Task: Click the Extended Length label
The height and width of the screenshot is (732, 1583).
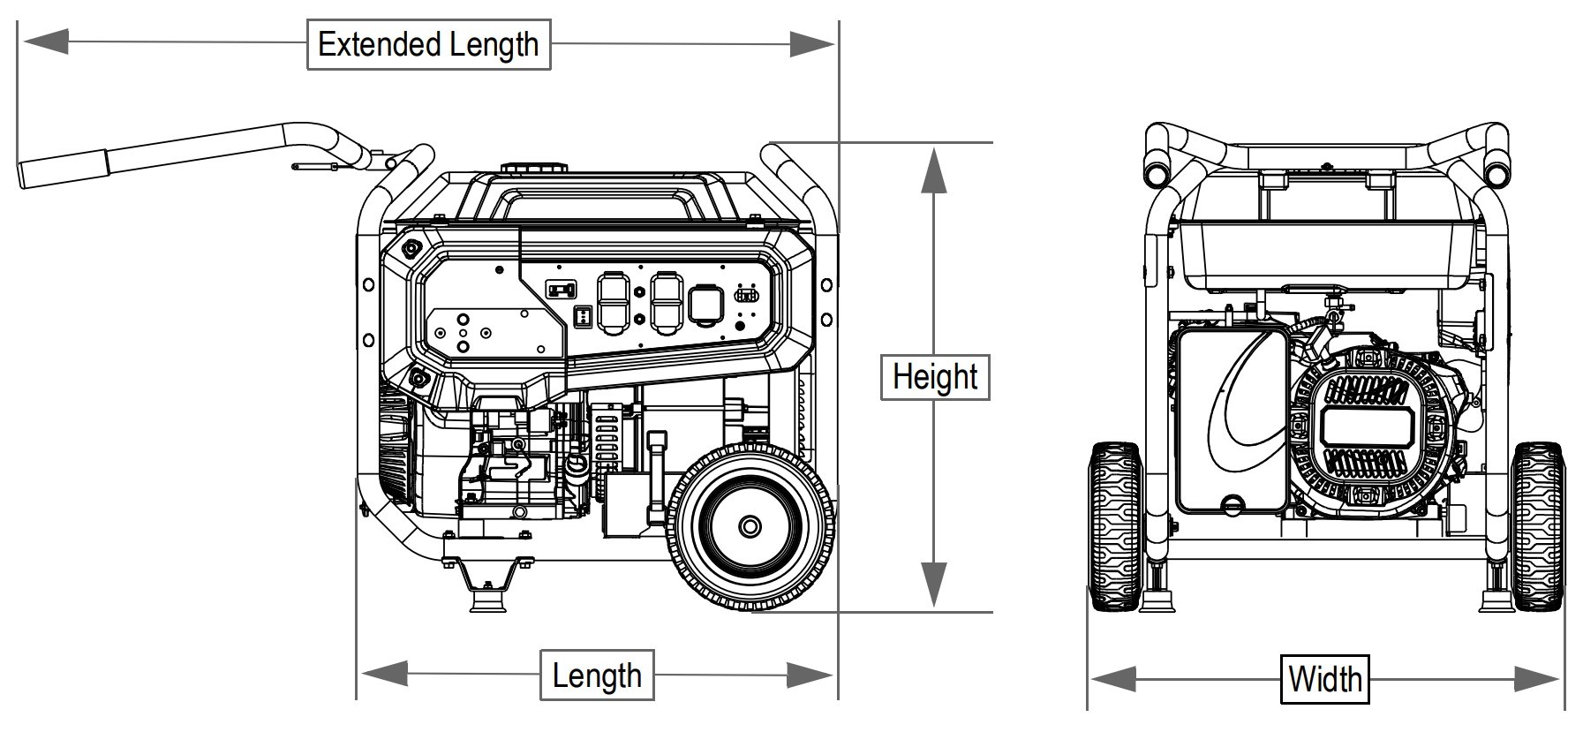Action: point(428,44)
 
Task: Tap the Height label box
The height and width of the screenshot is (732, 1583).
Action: point(935,377)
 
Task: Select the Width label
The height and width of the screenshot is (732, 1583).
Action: point(1324,680)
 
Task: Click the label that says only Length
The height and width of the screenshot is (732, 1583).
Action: point(597,676)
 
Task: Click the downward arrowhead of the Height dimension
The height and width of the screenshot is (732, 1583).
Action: point(934,585)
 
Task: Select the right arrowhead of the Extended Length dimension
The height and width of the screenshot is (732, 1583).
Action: point(810,43)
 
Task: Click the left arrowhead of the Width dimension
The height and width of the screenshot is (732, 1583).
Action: point(1112,679)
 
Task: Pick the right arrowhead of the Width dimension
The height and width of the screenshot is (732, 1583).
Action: point(1537,679)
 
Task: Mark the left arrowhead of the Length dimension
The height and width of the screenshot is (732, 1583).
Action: point(385,675)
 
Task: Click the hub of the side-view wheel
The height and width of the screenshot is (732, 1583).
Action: point(750,527)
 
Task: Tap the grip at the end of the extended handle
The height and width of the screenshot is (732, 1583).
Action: point(62,169)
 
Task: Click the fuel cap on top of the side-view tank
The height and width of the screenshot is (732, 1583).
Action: point(531,168)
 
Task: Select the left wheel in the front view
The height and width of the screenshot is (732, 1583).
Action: point(1115,527)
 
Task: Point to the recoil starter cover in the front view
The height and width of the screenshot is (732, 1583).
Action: point(1365,430)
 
